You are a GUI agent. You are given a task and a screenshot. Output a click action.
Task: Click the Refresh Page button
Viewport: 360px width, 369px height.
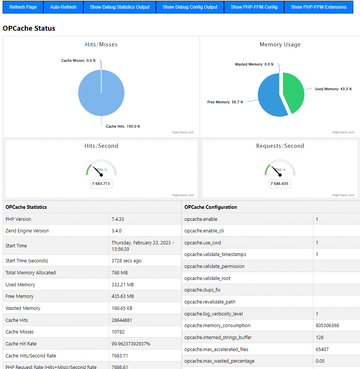(x=23, y=7)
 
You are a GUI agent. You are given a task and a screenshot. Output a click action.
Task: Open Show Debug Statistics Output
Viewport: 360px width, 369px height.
(x=120, y=7)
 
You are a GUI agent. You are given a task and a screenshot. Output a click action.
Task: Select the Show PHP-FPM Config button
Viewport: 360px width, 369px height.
(x=254, y=7)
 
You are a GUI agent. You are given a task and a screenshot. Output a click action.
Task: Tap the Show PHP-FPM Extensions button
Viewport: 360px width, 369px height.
(x=319, y=7)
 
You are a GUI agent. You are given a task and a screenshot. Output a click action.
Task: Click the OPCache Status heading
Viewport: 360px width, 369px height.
(x=29, y=28)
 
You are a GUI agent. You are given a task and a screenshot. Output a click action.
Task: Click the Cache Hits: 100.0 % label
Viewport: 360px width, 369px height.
(x=123, y=126)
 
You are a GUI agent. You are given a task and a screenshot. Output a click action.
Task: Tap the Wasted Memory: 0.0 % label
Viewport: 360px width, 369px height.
(x=254, y=64)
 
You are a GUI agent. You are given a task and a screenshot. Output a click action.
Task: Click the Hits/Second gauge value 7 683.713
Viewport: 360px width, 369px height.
(x=101, y=184)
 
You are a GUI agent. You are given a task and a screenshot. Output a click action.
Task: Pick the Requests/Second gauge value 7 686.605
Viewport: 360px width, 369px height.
(x=280, y=184)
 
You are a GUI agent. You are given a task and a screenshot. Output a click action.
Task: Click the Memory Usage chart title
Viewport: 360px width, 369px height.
(x=280, y=45)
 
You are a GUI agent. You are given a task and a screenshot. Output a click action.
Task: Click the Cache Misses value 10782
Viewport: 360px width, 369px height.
(x=118, y=332)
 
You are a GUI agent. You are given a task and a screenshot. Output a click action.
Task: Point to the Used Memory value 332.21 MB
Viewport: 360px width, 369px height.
(x=123, y=285)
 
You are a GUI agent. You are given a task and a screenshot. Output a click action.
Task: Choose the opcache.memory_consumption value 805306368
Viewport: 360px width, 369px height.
(x=327, y=326)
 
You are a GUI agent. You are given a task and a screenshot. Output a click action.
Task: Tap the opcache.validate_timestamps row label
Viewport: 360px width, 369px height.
(x=215, y=254)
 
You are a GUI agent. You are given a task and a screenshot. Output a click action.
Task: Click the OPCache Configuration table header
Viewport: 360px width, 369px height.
(x=210, y=207)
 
